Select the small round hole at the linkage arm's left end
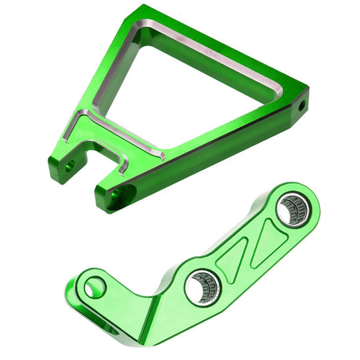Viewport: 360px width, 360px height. [95, 288]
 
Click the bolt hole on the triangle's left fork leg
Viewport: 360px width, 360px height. [70, 166]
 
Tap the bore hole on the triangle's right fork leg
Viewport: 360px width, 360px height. [116, 194]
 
